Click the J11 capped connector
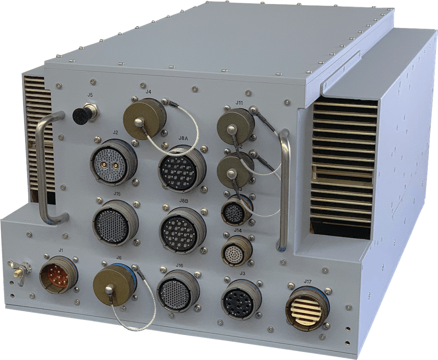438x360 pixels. (x=234, y=126)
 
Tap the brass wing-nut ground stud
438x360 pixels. (x=20, y=268)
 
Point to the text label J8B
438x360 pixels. (x=184, y=201)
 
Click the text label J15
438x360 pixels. (x=117, y=193)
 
